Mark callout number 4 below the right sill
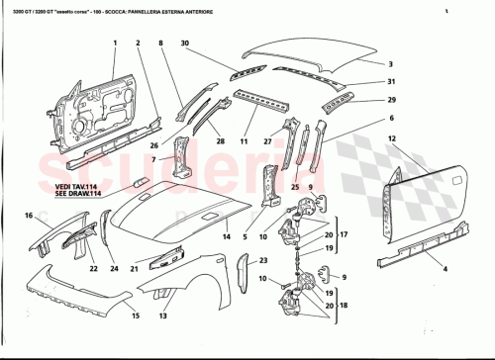(x=416, y=269)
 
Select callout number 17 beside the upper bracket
(x=344, y=234)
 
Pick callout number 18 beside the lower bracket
(x=344, y=308)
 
